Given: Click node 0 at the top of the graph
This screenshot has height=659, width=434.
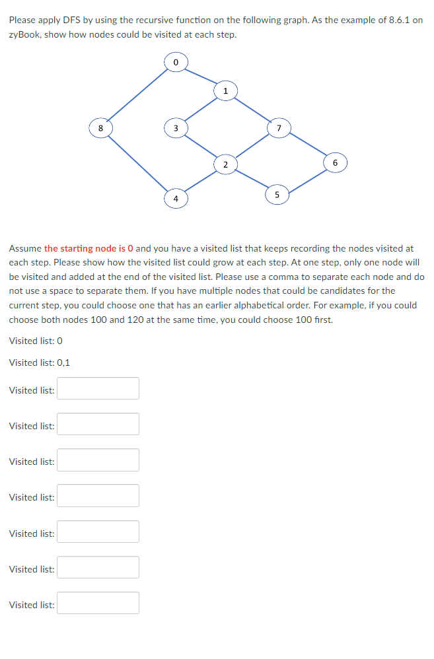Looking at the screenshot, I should coord(175,62).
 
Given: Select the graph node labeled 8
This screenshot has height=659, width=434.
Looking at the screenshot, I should coord(100,127).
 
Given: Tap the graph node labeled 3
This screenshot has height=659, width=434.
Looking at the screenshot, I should coord(175,127).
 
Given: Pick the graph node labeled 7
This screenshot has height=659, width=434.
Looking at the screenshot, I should coord(278,127).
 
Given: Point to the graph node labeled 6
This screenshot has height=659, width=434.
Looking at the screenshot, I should coord(334,162).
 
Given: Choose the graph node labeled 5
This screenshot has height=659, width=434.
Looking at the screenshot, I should coord(277,194).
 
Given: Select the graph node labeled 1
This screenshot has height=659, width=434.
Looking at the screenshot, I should coord(225,90).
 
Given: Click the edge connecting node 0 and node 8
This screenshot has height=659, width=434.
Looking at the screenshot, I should coord(137,94).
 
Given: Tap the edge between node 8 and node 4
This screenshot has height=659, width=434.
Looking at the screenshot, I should coord(137,162).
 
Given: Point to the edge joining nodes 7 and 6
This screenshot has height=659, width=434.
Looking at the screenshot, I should coord(307,145).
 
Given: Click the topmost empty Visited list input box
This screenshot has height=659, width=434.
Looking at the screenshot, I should coord(98,388).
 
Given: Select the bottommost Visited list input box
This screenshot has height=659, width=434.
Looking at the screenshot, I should coord(98,603).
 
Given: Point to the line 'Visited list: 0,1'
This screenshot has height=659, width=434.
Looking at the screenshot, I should coord(40,363).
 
